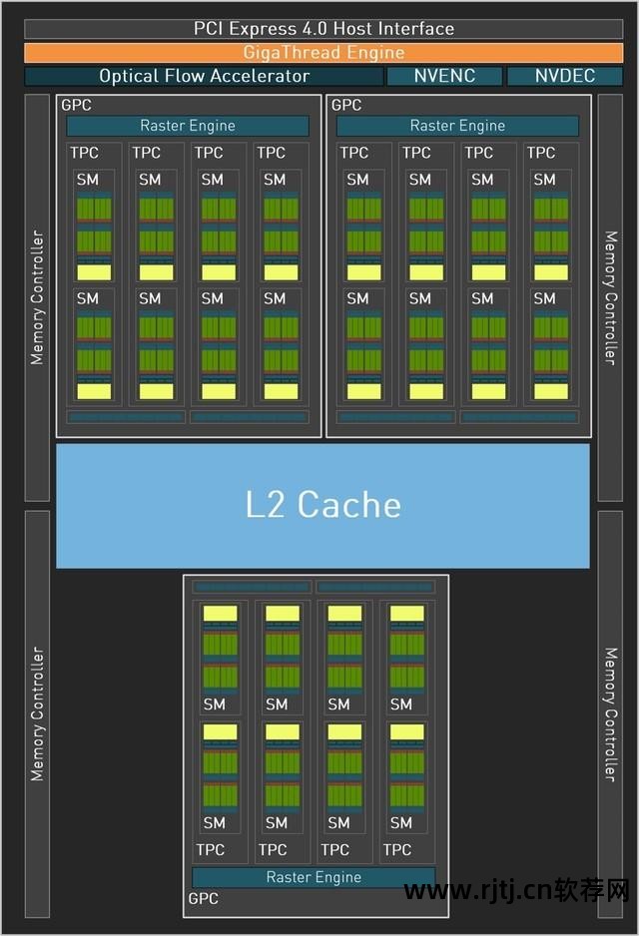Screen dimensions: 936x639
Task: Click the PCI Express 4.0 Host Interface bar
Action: [x=322, y=29]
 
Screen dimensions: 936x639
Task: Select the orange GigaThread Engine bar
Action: [x=322, y=53]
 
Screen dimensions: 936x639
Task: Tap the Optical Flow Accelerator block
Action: [x=204, y=76]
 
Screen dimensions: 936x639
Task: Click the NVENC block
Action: [x=444, y=76]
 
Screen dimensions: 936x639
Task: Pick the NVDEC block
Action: [x=565, y=76]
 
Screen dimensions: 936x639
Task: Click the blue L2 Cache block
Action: [x=322, y=505]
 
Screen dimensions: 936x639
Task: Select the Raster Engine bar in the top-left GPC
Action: [x=188, y=126]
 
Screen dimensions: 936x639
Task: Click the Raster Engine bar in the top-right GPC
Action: [x=457, y=126]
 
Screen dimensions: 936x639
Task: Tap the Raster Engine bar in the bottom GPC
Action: [x=314, y=877]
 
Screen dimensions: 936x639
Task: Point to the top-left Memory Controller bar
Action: [x=37, y=297]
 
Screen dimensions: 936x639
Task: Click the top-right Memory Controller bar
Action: [x=610, y=297]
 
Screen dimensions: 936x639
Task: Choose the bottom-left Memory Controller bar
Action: [x=37, y=713]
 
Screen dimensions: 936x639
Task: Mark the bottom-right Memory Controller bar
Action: [x=610, y=713]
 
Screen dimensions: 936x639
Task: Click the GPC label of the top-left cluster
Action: [x=76, y=105]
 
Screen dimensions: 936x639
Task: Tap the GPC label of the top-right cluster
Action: [x=346, y=105]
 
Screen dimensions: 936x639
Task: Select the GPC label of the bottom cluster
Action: [x=203, y=898]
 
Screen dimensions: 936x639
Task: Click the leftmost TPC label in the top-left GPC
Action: [x=84, y=153]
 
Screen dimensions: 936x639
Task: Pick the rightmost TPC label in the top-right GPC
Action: [x=541, y=153]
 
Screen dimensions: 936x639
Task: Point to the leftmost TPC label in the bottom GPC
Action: [x=210, y=849]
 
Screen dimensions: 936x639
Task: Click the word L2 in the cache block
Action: [x=266, y=505]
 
